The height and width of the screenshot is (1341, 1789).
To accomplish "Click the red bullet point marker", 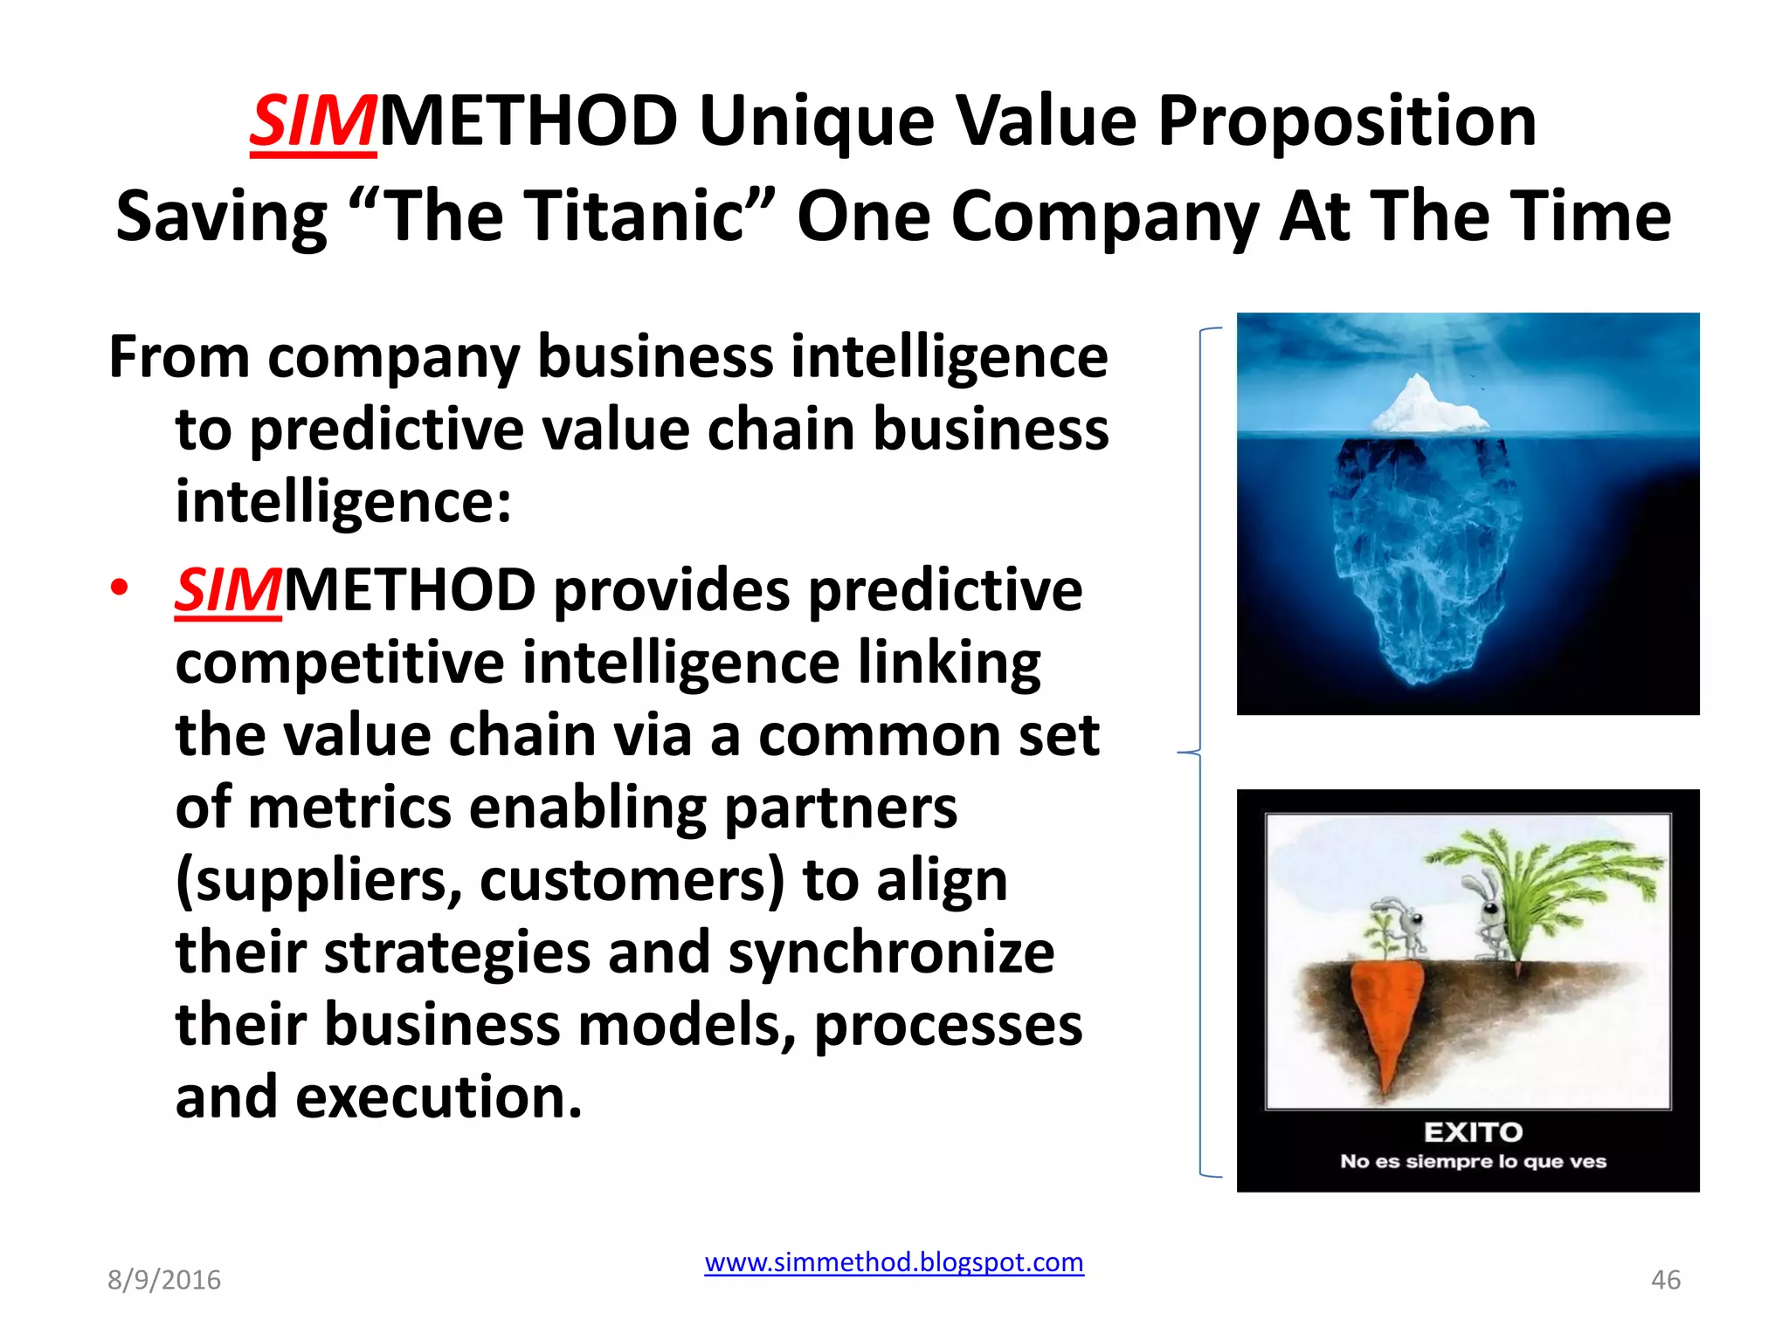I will pyautogui.click(x=120, y=587).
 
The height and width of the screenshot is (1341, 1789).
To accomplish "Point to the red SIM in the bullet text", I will pyautogui.click(x=228, y=591).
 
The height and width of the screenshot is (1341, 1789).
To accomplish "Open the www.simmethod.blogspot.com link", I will pyautogui.click(x=894, y=1262).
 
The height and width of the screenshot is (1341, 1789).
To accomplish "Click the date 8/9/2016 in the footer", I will pyautogui.click(x=164, y=1280).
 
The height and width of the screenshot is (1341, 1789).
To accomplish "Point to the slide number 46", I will pyautogui.click(x=1665, y=1280).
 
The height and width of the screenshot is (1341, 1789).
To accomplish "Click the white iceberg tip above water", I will pyautogui.click(x=1424, y=405).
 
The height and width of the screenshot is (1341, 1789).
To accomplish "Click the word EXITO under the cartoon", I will pyautogui.click(x=1473, y=1132).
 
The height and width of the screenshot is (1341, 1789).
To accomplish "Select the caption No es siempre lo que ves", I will pyautogui.click(x=1473, y=1162).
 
